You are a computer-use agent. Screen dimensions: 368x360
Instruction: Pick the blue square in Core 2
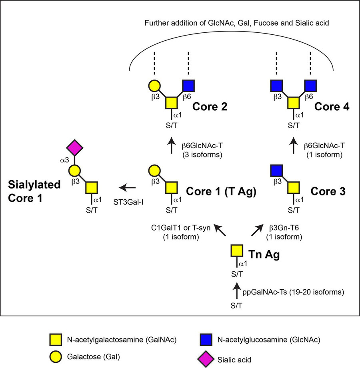pos(188,86)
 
